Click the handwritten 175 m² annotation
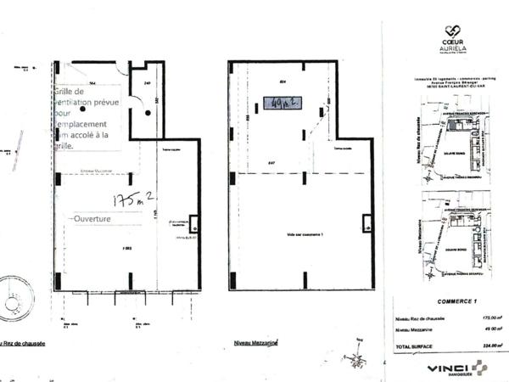132,200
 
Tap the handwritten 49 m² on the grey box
282,104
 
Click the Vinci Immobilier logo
457,368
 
